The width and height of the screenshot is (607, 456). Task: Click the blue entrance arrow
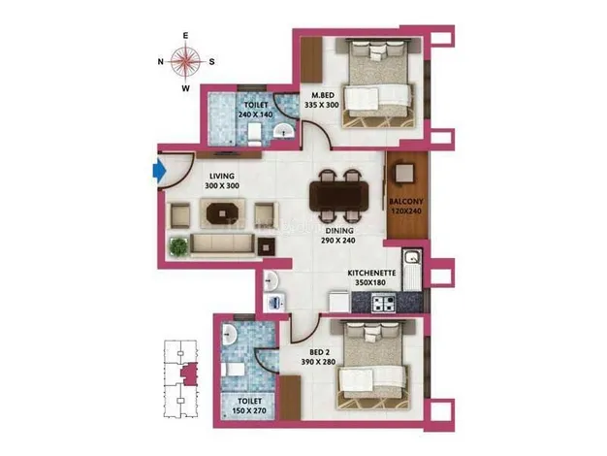click(x=159, y=171)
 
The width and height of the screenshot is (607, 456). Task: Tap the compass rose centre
click(x=186, y=61)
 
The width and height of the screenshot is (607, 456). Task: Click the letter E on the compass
click(x=185, y=36)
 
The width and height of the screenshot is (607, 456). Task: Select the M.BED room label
click(x=323, y=95)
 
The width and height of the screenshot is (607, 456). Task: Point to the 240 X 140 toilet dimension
click(x=255, y=114)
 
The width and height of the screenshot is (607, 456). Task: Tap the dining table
click(x=338, y=196)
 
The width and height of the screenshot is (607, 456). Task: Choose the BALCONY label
click(x=405, y=202)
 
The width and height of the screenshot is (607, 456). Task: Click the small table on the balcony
click(x=404, y=173)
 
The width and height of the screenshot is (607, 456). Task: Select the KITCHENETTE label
click(x=371, y=274)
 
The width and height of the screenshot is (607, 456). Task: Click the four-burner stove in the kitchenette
click(x=383, y=303)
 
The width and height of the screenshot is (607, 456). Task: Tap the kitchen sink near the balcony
click(x=412, y=256)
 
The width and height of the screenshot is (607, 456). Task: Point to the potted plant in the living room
click(x=178, y=246)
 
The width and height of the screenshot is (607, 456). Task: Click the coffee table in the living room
click(x=222, y=212)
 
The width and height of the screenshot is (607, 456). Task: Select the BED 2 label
click(x=319, y=352)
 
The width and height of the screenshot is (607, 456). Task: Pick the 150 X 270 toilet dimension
click(x=249, y=410)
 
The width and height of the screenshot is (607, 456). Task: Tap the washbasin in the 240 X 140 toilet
click(x=284, y=131)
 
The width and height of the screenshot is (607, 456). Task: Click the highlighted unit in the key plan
click(x=189, y=374)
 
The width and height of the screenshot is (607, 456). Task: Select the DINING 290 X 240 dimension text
click(x=338, y=241)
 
